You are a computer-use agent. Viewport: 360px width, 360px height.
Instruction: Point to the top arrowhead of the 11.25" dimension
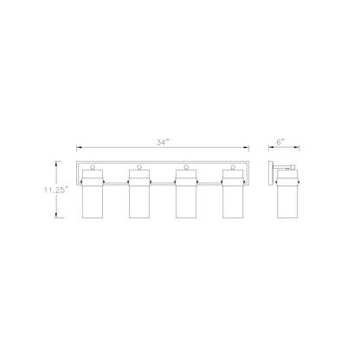(x=58, y=161)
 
